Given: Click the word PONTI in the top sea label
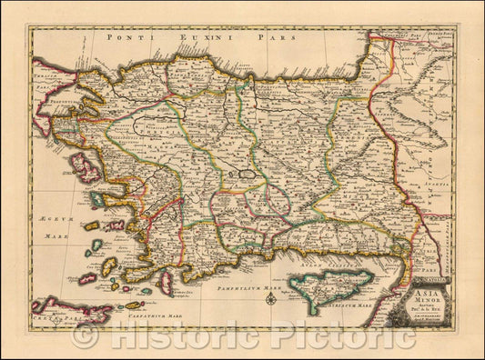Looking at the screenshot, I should click(125, 38).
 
